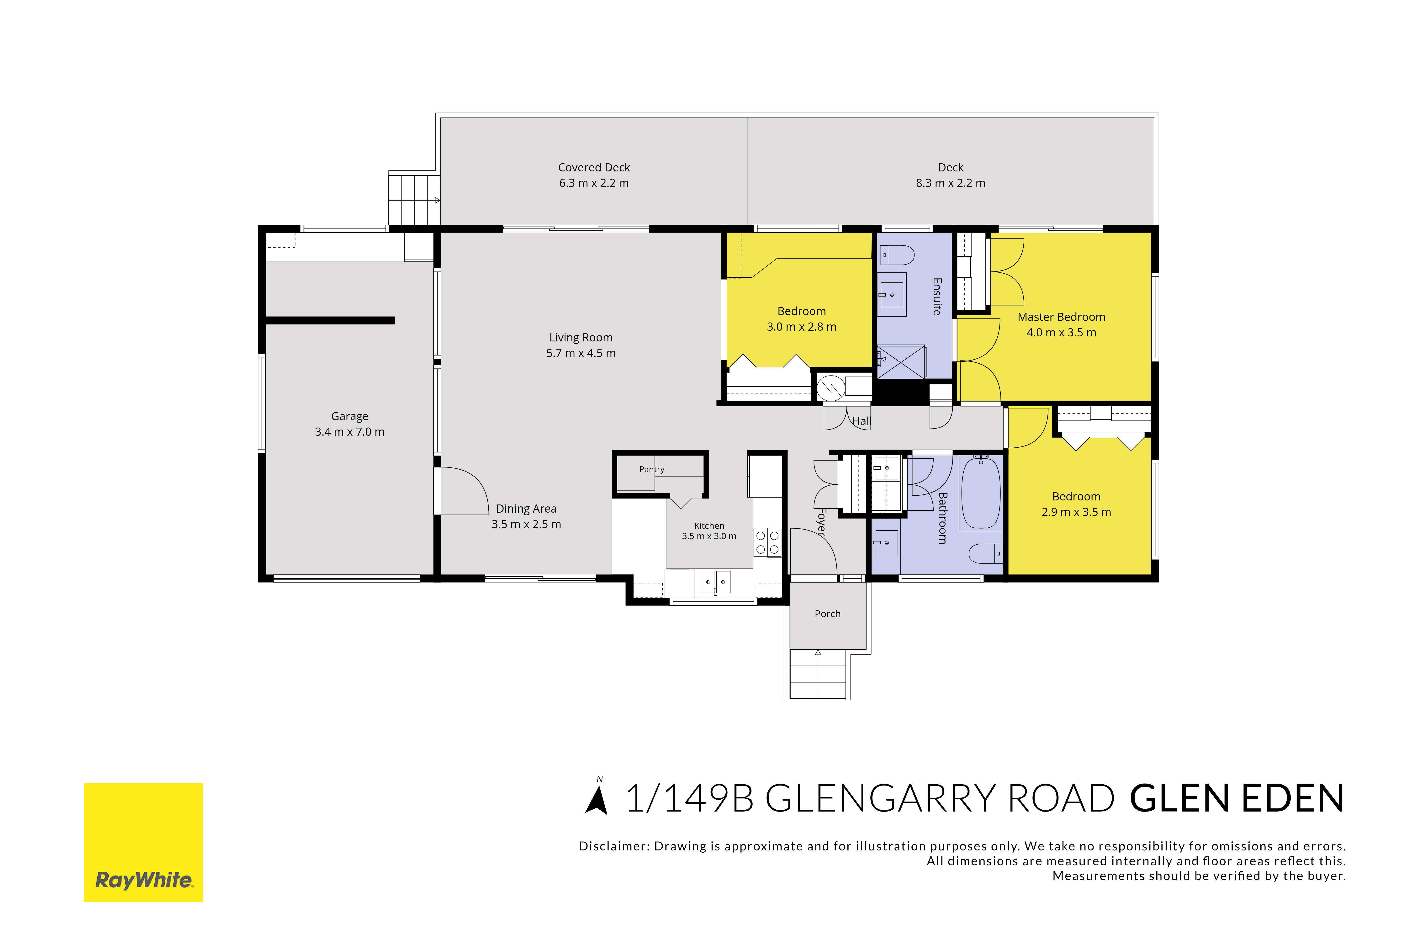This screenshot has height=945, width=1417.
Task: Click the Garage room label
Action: pyautogui.click(x=349, y=416)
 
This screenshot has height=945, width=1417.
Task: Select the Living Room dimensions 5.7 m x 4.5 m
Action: pyautogui.click(x=581, y=353)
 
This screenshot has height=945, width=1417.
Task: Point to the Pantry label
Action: pyautogui.click(x=652, y=469)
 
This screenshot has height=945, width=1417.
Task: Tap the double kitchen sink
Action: pyautogui.click(x=715, y=582)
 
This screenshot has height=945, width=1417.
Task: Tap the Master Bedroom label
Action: pyautogui.click(x=1062, y=317)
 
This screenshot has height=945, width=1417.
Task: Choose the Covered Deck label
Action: pyautogui.click(x=594, y=168)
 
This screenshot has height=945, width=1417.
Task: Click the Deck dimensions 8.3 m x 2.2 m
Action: pyautogui.click(x=951, y=183)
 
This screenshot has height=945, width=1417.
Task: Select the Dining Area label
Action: pyautogui.click(x=526, y=509)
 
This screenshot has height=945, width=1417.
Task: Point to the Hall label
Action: pyautogui.click(x=862, y=421)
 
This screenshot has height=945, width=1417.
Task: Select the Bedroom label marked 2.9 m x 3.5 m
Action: pyautogui.click(x=1076, y=497)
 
